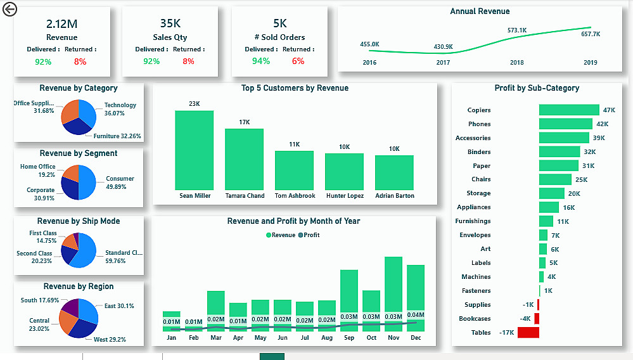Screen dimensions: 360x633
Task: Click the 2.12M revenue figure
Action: (x=61, y=23)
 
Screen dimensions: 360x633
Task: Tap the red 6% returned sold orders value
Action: (x=298, y=61)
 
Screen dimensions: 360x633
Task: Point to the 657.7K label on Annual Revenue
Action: (x=591, y=34)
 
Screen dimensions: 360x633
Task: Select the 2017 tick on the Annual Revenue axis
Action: (x=443, y=63)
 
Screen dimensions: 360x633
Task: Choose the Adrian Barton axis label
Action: (x=394, y=196)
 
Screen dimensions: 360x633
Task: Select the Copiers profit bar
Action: (x=568, y=110)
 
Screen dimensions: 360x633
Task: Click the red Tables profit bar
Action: (x=528, y=332)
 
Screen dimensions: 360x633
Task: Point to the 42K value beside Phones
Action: (x=602, y=124)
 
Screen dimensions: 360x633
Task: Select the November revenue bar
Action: (x=393, y=285)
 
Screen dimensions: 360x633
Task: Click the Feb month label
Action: (x=193, y=338)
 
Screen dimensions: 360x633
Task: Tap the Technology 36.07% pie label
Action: (x=120, y=109)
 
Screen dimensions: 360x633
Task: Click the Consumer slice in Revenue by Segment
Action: (x=87, y=183)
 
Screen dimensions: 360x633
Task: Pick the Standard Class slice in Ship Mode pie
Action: (x=86, y=252)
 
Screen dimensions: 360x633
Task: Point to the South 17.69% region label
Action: (x=40, y=300)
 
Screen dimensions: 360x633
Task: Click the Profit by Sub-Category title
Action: (x=537, y=88)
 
